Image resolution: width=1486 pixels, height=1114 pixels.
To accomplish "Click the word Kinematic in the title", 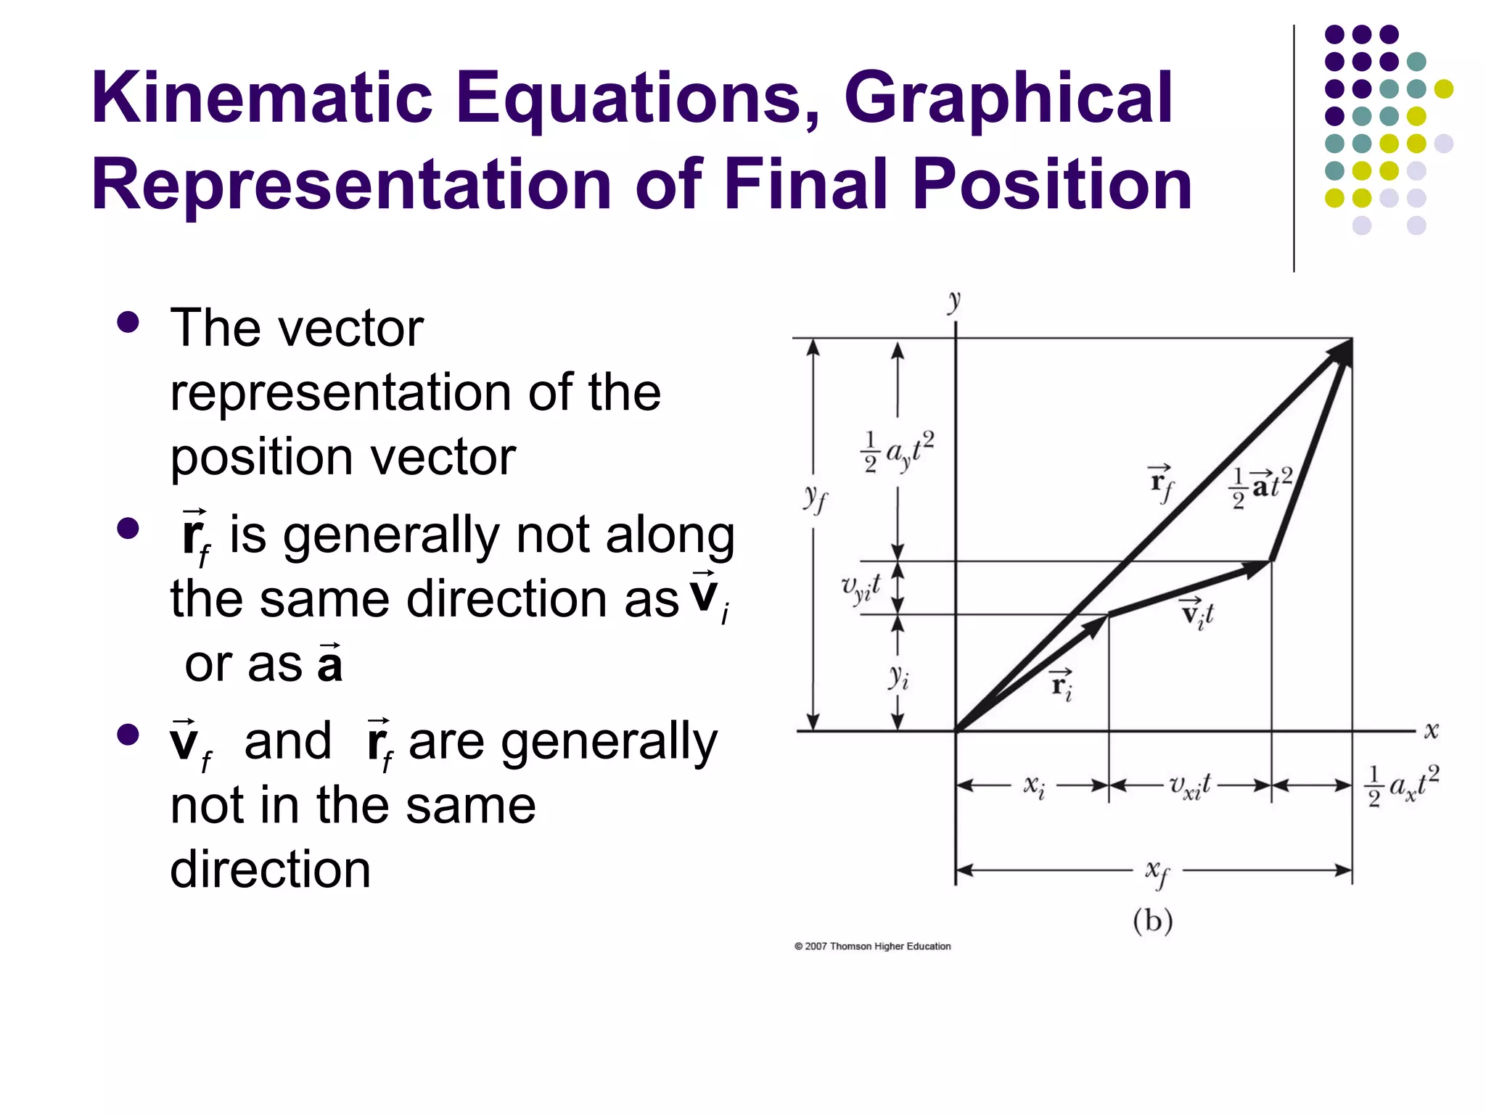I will click(262, 98).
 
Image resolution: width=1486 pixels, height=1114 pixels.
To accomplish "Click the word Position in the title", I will click(1052, 185).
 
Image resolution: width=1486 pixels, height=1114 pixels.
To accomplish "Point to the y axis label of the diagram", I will click(954, 300).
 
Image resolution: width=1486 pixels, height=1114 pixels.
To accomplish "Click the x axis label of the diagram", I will click(1431, 730).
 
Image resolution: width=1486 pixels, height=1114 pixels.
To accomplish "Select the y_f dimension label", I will click(815, 498).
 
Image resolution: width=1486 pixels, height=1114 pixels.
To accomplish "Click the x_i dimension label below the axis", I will click(1034, 786).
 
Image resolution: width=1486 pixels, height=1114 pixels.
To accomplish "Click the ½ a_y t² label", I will click(898, 451).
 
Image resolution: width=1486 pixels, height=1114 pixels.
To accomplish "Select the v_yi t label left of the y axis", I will click(861, 587).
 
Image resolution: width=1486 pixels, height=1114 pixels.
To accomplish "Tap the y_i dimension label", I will click(898, 677).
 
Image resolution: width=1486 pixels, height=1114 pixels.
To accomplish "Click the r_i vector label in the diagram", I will click(1062, 684).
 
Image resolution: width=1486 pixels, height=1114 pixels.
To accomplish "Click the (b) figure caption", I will click(1153, 921).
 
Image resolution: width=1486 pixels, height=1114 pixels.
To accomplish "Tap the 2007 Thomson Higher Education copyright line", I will click(872, 946).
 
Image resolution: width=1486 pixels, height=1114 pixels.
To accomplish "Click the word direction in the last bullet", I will click(270, 869).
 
